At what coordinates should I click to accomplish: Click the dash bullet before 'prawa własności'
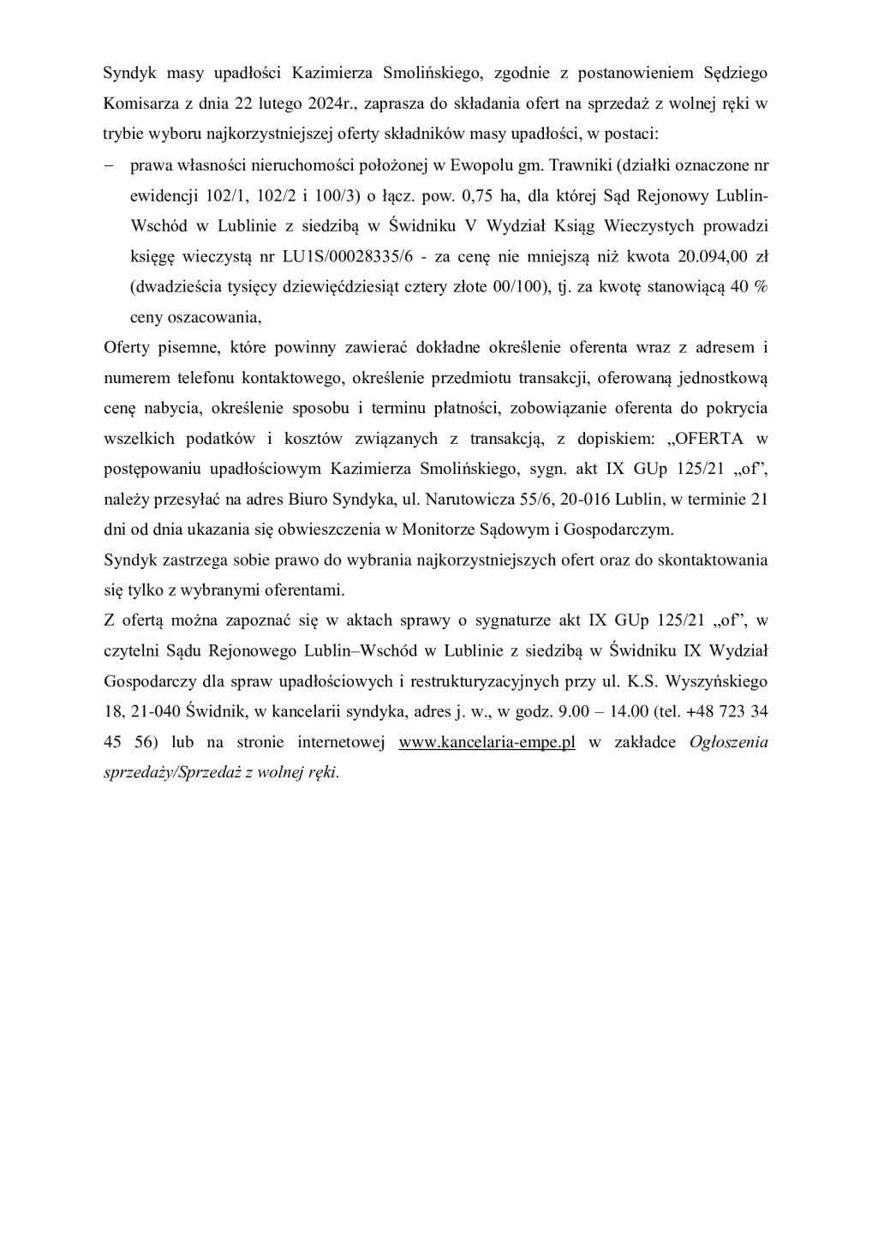click(109, 165)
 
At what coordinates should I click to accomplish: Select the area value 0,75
click(478, 196)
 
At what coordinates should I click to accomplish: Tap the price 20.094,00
click(710, 256)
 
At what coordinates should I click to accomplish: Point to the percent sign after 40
click(760, 287)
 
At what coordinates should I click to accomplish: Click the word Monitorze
click(442, 530)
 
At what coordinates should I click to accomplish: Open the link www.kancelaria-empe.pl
click(487, 743)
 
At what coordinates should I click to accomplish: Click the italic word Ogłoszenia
click(728, 743)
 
